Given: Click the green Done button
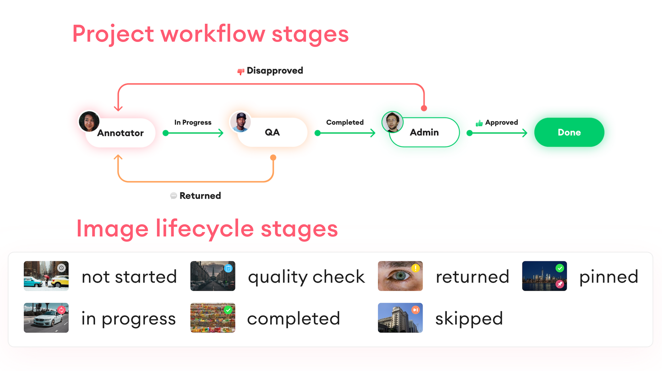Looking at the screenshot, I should coord(569,132).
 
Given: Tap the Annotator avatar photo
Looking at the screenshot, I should coord(89,121).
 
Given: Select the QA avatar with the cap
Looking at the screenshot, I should coord(241,122).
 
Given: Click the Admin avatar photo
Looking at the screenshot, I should coord(393,122).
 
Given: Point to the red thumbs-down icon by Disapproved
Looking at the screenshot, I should coord(241,71).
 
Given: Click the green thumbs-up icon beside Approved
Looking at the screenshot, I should coord(479,123).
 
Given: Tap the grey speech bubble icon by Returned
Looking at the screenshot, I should coord(173,196).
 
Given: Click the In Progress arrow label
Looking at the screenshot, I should coord(193,122).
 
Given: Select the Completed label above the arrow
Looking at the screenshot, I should coord(345,122).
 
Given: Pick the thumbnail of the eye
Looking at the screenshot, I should coord(400,276).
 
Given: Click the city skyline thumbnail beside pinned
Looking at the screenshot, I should coord(544,276).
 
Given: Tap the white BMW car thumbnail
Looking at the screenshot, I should coord(46,318).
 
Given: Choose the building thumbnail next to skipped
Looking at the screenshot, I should coord(400,318).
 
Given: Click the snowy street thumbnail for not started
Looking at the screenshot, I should coord(46,276).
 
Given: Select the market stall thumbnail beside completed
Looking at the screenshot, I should coord(213,318).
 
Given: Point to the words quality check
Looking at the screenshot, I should coord(306,277).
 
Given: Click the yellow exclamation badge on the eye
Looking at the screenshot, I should coord(415,268).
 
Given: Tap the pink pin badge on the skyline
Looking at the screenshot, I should coord(560,284).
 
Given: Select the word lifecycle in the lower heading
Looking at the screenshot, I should coord(205,229).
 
